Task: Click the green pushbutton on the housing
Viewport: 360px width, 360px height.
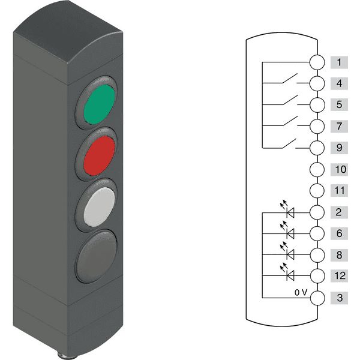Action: tap(99, 104)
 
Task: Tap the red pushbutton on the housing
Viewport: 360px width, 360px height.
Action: tap(100, 155)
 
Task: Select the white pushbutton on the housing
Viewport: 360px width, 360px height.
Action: tap(100, 207)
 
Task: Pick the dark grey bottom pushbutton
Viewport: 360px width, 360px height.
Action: tap(97, 256)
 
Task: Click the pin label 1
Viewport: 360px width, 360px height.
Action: tap(339, 62)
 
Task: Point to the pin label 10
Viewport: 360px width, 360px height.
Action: tap(340, 170)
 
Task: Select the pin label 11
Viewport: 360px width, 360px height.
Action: tap(340, 191)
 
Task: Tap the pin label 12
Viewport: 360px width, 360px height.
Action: tap(340, 275)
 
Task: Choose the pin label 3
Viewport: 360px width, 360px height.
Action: tap(340, 298)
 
